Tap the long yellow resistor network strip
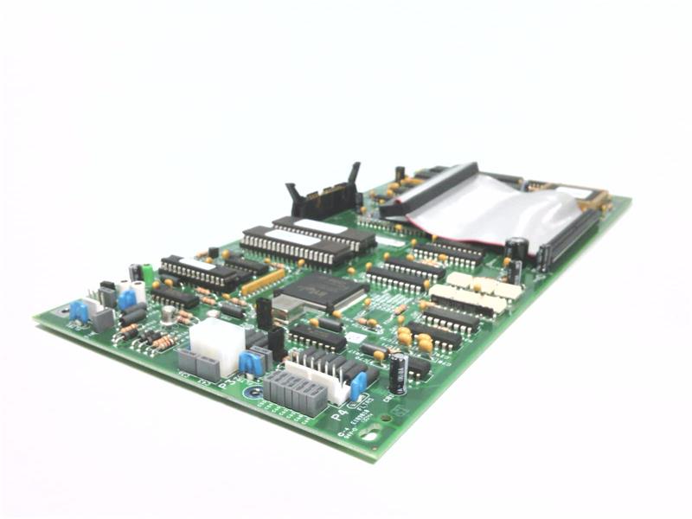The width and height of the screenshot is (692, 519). click(263, 281)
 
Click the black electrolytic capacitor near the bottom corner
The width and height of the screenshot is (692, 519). click(397, 375)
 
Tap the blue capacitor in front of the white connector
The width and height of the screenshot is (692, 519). click(251, 362)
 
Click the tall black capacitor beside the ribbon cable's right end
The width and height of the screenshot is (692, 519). click(516, 251)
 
